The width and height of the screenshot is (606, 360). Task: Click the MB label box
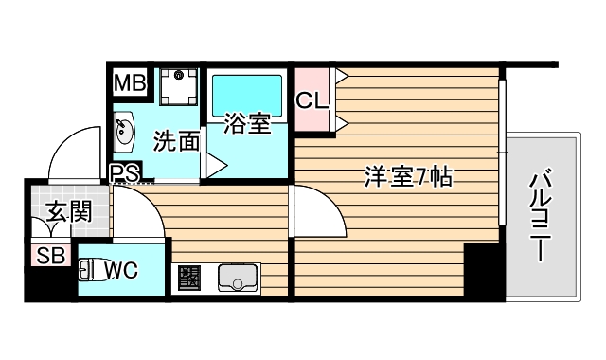tap(131, 83)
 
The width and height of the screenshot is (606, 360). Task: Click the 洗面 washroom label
tap(176, 142)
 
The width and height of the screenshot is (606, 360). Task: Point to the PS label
tap(124, 172)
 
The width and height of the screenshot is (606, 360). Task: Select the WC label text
tap(121, 270)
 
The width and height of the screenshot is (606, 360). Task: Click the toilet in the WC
tap(88, 272)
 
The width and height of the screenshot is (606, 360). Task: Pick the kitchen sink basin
tap(237, 278)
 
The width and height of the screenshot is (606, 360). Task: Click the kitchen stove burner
tap(187, 279)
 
